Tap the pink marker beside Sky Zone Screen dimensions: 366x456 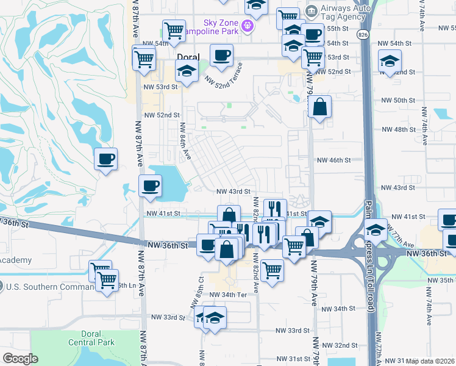click(x=248, y=26)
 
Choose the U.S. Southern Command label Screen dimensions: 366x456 click(x=46, y=286)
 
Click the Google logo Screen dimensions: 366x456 click(x=20, y=359)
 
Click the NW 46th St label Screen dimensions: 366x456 click(x=334, y=160)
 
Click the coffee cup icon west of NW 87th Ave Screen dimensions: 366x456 click(x=105, y=159)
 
